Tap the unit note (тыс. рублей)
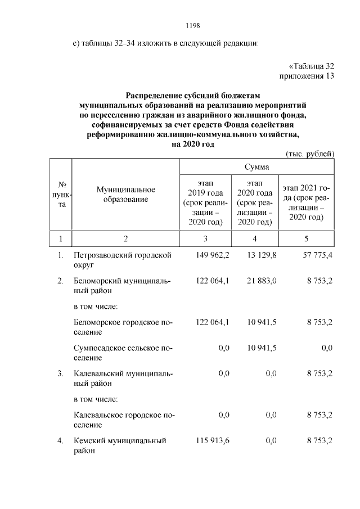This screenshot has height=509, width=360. click(310, 154)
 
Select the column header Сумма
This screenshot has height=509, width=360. click(256, 167)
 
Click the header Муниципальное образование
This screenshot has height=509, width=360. click(125, 195)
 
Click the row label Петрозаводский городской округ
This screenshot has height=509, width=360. click(122, 260)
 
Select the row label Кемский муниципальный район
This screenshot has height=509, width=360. click(120, 445)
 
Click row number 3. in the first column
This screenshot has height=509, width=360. click(61, 373)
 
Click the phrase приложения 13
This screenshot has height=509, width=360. click(307, 76)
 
